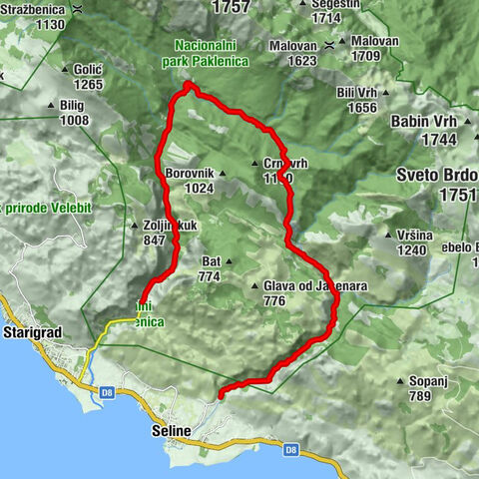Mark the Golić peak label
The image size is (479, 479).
pos(88,69)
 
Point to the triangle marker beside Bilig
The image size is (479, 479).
pos(52,106)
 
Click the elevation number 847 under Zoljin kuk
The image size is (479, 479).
pos(154,239)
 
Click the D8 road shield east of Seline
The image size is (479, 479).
pos(290,449)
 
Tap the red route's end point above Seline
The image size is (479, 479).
pos(221,392)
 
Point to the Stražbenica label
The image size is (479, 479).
pos(36,8)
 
